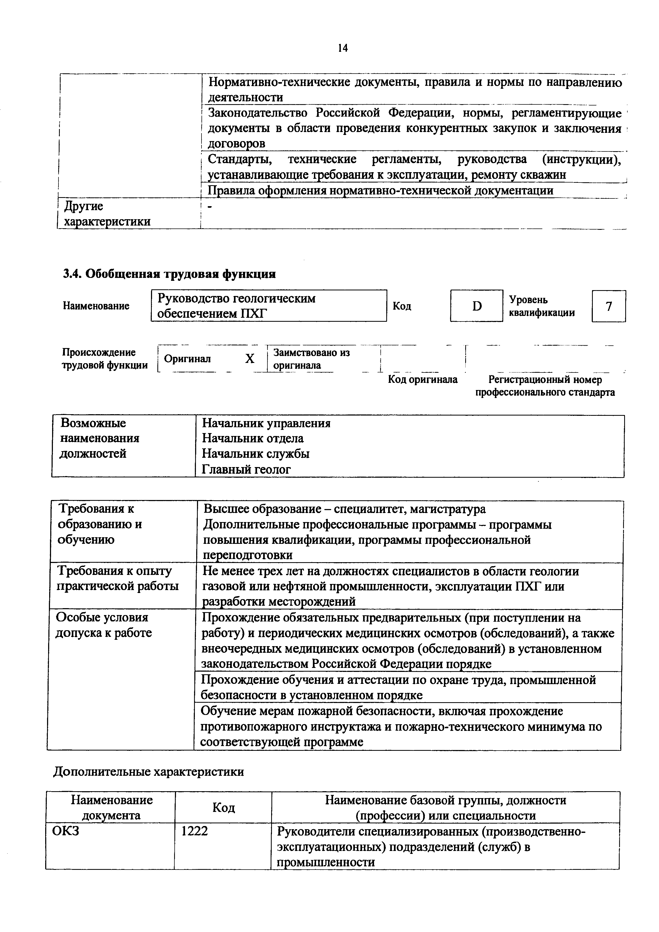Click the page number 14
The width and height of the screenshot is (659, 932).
(342, 48)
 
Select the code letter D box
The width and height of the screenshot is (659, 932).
(476, 306)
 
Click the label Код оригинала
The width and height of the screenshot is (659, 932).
(423, 380)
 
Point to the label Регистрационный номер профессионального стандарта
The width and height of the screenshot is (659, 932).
(545, 386)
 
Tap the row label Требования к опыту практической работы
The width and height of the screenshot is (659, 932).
(118, 578)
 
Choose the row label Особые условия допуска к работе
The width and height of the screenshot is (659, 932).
(103, 625)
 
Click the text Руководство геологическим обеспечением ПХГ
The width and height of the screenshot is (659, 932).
(236, 306)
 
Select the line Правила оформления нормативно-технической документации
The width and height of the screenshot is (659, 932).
(380, 190)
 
